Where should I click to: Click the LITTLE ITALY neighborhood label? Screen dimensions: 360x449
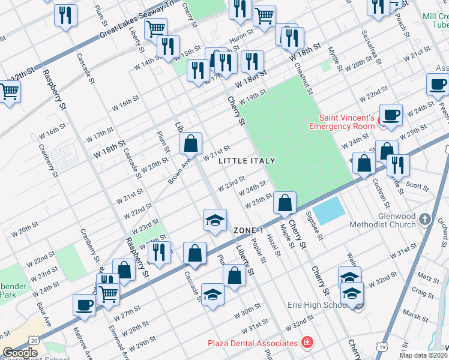[x=247, y=161]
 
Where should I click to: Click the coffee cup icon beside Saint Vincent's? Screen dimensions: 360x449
[x=391, y=115]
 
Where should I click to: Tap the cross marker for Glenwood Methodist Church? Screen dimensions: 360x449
[x=426, y=220]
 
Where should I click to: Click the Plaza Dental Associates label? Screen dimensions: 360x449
[x=253, y=343]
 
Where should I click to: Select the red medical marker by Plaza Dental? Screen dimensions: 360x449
[x=307, y=343]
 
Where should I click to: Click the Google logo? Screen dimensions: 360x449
[x=20, y=353]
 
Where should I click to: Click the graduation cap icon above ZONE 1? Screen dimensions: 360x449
[x=215, y=220]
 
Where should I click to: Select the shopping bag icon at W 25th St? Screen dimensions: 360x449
[x=285, y=202]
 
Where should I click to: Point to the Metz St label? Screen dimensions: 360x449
[x=429, y=279]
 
